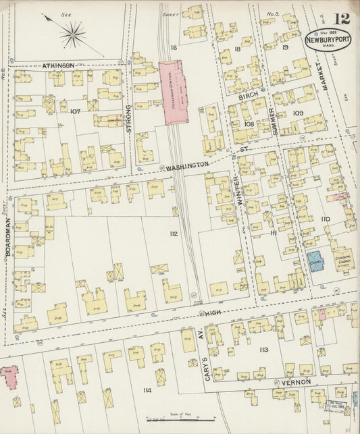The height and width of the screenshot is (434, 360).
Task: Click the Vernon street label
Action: point(297,383)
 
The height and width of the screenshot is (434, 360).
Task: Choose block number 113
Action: point(263,350)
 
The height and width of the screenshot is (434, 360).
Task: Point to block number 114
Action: point(147,391)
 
